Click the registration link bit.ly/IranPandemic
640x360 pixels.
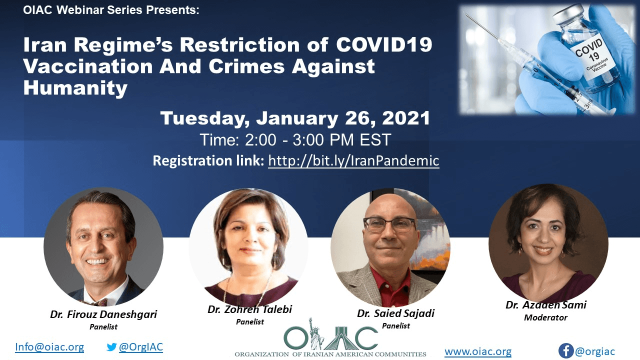click(353, 161)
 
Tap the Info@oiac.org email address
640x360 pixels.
click(49, 347)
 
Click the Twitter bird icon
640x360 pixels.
click(111, 347)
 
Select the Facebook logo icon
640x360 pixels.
click(566, 350)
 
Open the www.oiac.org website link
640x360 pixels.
click(478, 351)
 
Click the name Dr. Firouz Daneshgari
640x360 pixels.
click(103, 314)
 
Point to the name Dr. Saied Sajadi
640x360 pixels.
click(395, 313)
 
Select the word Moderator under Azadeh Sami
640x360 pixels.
click(545, 317)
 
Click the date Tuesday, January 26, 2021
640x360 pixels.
click(295, 118)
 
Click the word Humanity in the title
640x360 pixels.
click(75, 87)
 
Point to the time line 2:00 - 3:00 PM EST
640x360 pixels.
click(295, 140)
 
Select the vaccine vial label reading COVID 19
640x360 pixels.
click(592, 58)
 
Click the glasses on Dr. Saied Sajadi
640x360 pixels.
click(389, 224)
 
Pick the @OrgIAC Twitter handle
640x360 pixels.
click(141, 347)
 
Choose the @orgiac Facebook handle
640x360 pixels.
click(595, 351)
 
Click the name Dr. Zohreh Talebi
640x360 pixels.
click(249, 309)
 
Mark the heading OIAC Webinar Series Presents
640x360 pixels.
click(111, 10)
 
